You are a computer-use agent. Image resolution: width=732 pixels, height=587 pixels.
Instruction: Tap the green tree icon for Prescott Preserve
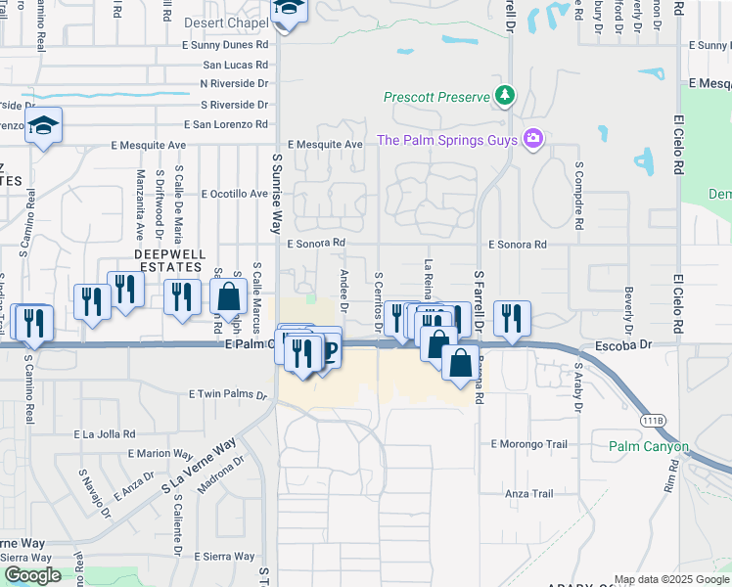[x=505, y=96]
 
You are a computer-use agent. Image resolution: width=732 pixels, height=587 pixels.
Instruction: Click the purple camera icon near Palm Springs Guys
[x=532, y=139]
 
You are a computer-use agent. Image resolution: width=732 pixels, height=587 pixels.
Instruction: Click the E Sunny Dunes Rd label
[x=224, y=45]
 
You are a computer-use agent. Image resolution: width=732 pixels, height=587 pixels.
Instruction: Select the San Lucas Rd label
[x=235, y=65]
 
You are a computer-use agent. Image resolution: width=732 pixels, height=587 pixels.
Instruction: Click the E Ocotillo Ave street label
[x=234, y=194]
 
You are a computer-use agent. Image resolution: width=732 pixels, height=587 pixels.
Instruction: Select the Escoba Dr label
[x=623, y=346]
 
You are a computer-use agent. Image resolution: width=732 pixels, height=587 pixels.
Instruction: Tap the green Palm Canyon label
[x=649, y=447]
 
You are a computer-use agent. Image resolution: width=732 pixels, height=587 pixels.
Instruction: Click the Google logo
[x=32, y=575]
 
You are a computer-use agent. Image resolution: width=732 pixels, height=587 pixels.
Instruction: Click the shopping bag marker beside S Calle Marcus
[x=228, y=296]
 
